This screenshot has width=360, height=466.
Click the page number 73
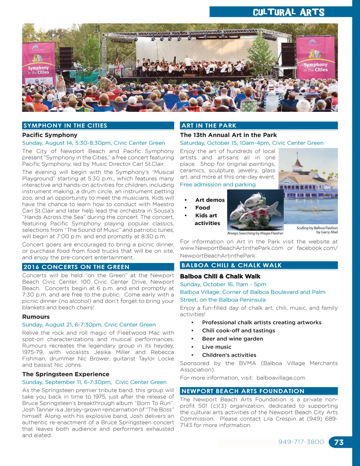(x=339, y=442)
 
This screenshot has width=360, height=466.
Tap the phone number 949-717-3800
(x=301, y=442)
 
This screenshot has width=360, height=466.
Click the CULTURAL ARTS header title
(x=289, y=12)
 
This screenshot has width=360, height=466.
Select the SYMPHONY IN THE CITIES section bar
(x=98, y=126)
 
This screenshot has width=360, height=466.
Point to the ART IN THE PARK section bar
(x=258, y=126)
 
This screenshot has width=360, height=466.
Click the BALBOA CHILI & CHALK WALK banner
(x=258, y=265)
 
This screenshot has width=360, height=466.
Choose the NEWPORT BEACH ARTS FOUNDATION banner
(x=258, y=391)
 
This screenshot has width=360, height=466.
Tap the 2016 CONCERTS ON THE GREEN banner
(x=98, y=267)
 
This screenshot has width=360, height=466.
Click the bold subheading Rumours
(x=36, y=317)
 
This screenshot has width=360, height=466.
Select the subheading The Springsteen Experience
(x=66, y=374)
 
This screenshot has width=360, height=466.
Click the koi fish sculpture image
(x=255, y=210)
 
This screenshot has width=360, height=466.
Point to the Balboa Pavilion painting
(x=308, y=186)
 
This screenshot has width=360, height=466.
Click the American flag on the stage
(x=117, y=60)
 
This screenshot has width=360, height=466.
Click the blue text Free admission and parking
(x=218, y=185)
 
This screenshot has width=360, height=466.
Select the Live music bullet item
(x=217, y=347)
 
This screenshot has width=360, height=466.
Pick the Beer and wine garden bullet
(x=232, y=339)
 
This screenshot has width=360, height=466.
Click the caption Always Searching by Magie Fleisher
(x=255, y=233)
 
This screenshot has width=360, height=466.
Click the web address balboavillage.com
(x=281, y=378)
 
